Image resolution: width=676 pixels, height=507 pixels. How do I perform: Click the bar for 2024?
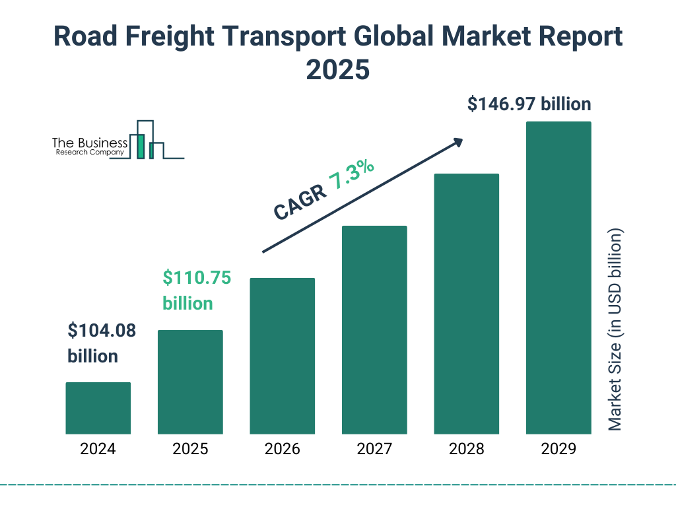[98, 408]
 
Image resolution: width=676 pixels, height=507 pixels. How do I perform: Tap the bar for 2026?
[282, 356]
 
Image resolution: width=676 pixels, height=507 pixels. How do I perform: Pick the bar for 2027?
[374, 330]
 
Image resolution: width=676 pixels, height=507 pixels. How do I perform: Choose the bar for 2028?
[466, 304]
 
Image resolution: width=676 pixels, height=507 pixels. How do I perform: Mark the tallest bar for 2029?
[558, 278]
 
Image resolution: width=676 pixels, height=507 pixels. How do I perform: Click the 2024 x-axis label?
[98, 450]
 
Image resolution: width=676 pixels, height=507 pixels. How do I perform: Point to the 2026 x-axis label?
[282, 450]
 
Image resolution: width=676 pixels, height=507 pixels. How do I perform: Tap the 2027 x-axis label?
[374, 450]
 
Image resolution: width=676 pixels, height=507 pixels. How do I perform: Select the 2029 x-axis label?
[558, 450]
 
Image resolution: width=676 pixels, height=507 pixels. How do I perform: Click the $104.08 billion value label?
[102, 343]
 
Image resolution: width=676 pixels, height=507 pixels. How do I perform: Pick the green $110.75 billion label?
[197, 290]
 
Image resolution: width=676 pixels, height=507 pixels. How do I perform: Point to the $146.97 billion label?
[529, 104]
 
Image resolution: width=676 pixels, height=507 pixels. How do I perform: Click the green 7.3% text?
[352, 174]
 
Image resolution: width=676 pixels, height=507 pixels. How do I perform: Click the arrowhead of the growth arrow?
[457, 142]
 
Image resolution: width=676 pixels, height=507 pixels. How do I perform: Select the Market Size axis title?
[615, 329]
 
